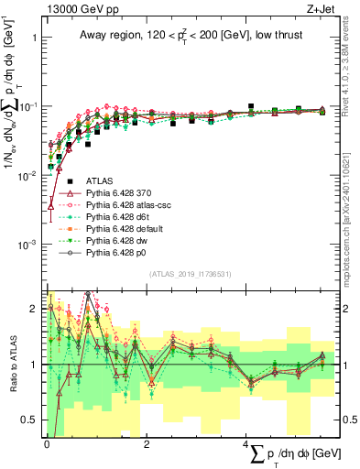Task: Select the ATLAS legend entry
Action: [99, 181]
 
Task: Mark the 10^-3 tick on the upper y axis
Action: [27, 245]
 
